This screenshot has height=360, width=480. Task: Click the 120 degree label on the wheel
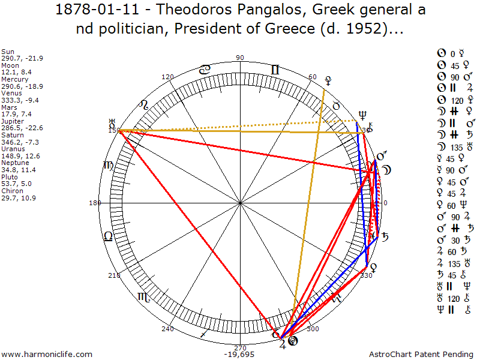point(168,77)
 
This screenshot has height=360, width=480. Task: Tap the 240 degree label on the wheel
point(167,329)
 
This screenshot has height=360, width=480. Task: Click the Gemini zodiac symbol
point(274,70)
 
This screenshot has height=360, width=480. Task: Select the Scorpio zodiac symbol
point(143,296)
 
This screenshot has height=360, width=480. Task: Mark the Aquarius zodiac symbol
point(337,296)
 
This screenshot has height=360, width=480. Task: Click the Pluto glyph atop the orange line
point(328,80)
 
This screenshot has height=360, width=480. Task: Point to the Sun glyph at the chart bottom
point(293,340)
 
